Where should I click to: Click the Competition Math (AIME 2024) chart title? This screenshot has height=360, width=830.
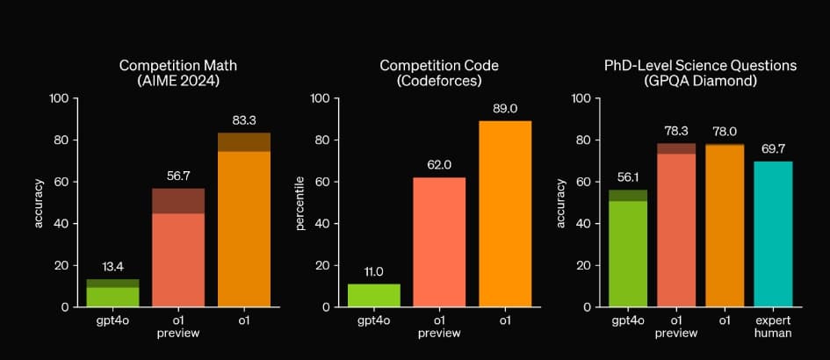point(179,73)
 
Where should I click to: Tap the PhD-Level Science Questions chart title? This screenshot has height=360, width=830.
point(699,73)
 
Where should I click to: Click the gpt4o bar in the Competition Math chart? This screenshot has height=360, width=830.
point(112,293)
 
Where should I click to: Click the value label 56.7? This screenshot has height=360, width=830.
point(178,175)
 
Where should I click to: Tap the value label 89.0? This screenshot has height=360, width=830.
point(506,107)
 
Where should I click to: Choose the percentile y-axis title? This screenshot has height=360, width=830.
point(300,203)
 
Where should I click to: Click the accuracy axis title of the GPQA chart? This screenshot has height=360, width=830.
point(560,203)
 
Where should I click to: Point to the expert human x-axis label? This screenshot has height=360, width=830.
point(773,327)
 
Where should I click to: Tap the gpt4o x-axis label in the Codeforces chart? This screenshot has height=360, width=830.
point(375,320)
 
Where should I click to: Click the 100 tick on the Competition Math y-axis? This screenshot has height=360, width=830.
point(59,98)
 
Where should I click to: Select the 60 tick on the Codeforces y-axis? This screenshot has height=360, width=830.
point(320,182)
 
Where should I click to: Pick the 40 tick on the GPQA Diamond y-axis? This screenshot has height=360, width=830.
point(581,224)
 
